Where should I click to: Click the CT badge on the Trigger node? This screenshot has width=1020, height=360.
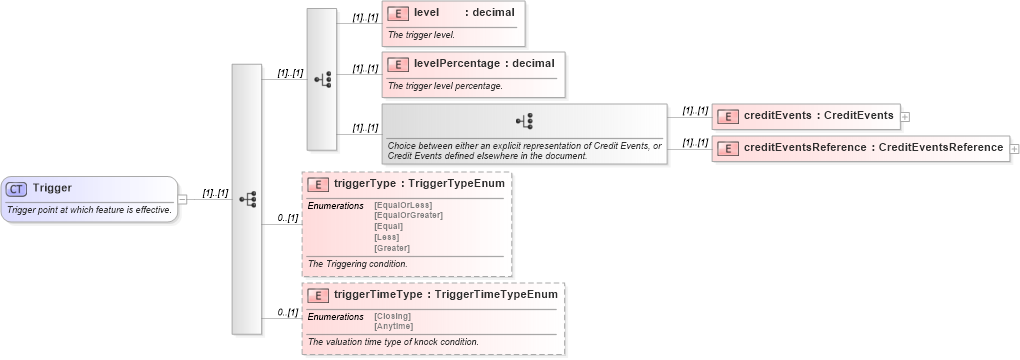tap(17, 188)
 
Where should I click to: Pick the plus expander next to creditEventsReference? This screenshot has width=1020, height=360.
tap(1014, 149)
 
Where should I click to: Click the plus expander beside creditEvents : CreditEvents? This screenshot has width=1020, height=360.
tap(905, 117)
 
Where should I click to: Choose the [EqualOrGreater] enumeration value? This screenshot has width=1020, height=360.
tap(408, 215)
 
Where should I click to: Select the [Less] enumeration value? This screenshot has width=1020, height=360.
tap(387, 237)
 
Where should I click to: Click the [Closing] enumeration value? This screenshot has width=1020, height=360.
tap(392, 316)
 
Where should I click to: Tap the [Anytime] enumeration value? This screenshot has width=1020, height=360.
tap(393, 326)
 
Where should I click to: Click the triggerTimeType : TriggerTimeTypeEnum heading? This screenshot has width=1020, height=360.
tap(445, 295)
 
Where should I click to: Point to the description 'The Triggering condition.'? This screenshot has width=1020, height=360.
tap(357, 264)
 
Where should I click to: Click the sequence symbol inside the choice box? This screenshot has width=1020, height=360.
tap(524, 121)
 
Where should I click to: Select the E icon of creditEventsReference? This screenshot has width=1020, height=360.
tap(729, 149)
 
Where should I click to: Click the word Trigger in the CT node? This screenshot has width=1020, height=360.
tap(52, 188)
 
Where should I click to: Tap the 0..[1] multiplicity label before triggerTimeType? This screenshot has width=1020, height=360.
tap(288, 313)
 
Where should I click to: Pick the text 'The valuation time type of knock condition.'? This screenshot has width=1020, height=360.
tap(393, 342)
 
